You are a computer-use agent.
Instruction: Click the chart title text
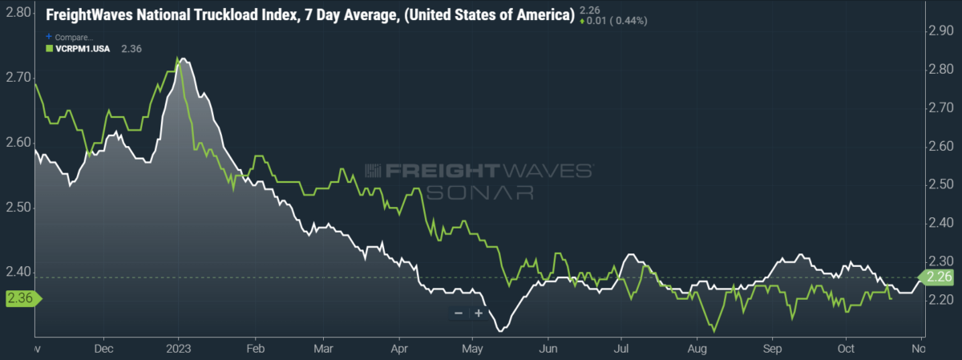click(x=310, y=15)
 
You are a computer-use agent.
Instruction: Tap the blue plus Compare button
click(x=69, y=37)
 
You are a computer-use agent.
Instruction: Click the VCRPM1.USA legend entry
click(x=79, y=49)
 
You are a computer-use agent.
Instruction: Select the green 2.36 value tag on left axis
click(x=23, y=298)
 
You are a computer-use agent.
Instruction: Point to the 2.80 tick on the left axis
click(x=18, y=13)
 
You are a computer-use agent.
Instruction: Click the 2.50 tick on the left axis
click(x=18, y=207)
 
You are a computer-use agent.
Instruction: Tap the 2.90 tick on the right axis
click(x=941, y=30)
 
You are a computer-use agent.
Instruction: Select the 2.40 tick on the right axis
click(x=941, y=223)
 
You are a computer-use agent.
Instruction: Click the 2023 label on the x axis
click(x=179, y=349)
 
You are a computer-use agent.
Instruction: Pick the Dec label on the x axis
click(x=103, y=349)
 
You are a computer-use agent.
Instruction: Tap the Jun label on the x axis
click(x=548, y=349)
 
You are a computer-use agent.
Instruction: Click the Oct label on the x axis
click(x=846, y=349)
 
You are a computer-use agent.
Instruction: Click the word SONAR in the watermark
click(x=479, y=193)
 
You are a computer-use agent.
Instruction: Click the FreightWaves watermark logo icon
click(x=373, y=171)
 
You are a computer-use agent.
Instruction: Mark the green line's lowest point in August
click(x=714, y=331)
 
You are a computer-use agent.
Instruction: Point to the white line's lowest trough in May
click(x=500, y=331)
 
